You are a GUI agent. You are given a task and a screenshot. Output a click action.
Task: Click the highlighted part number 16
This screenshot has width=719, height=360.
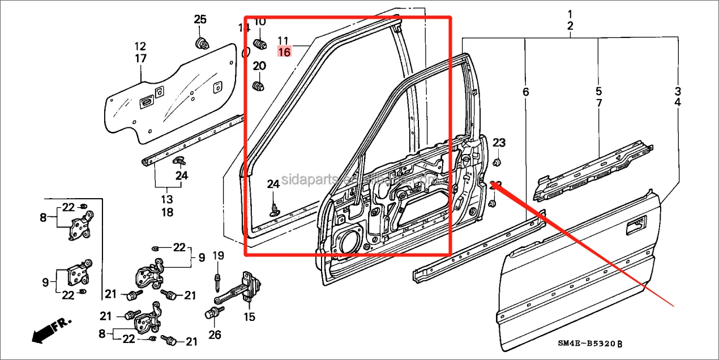pos(284,52)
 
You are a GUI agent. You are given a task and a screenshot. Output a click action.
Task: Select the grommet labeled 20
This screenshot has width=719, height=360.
pos(259,87)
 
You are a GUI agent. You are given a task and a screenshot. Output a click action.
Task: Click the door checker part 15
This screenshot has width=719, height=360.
pos(247,289)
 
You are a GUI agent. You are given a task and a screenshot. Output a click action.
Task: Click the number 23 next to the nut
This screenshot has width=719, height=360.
pos(499,142)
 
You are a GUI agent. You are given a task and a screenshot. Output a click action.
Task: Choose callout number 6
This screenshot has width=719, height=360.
pos(525,91)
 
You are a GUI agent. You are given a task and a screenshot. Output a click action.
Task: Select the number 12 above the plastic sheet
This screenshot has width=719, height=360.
pos(140,46)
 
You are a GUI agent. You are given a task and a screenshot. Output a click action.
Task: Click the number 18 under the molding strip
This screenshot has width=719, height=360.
pos(167,212)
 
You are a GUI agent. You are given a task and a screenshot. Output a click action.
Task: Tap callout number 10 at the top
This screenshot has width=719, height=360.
pos(259,22)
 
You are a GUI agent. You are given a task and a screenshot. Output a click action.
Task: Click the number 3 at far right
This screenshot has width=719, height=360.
pos(677,91)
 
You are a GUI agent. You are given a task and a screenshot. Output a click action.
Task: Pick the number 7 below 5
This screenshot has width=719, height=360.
pos(598,103)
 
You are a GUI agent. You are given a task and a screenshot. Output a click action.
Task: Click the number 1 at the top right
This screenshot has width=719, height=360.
pos(570,14)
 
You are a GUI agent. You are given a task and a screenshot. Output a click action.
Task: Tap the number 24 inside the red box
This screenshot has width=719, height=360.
pos(273,185)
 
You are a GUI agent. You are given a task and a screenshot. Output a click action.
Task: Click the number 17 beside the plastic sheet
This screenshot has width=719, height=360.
pos(140,58)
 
